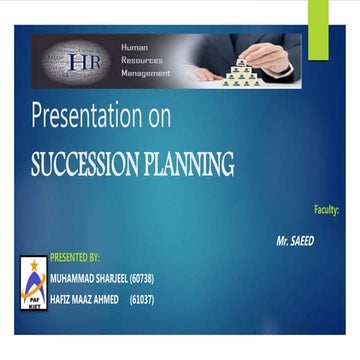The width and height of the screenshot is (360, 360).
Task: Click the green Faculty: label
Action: pos(326,210)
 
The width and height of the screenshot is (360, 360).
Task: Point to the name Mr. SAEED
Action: pos(295,241)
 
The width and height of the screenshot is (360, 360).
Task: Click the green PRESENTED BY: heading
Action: pos(75,257)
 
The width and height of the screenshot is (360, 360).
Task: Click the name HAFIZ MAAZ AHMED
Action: pos(84,299)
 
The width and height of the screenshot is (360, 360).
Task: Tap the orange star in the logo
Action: pos(34,266)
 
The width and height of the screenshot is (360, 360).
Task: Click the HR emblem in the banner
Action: pos(77,62)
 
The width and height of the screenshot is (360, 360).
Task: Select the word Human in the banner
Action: pos(133,47)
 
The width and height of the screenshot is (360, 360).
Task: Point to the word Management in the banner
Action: pos(145,74)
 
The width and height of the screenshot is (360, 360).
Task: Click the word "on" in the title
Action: pos(159,117)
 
